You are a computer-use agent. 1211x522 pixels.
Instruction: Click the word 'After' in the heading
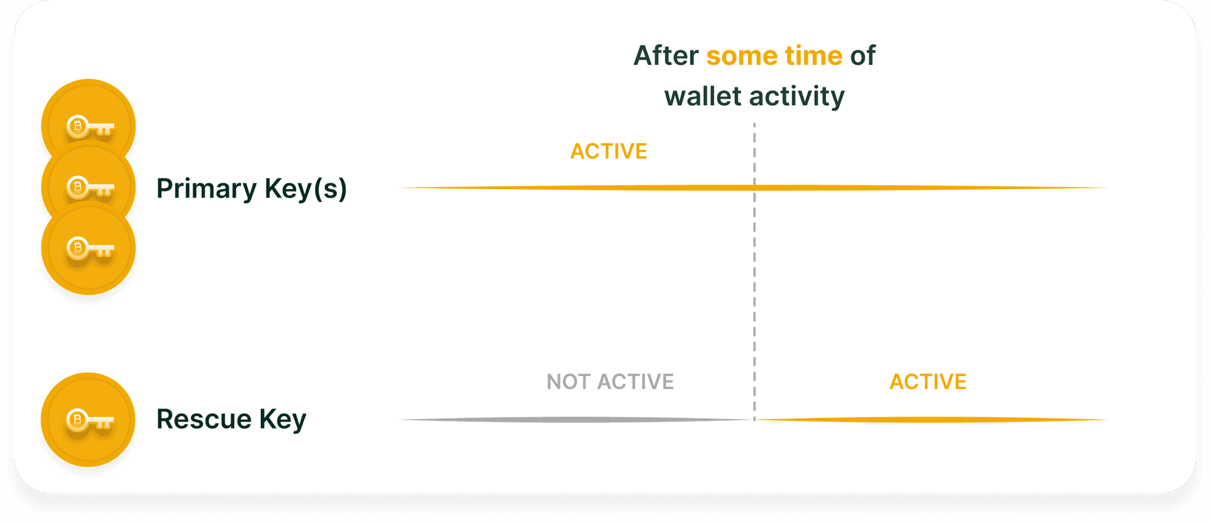(666, 56)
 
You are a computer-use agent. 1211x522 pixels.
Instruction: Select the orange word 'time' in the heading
(814, 56)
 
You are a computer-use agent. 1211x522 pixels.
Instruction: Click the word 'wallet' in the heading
(702, 96)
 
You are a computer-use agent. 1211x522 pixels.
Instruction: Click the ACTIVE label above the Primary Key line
(608, 151)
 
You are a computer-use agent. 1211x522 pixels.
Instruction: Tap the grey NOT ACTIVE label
(610, 382)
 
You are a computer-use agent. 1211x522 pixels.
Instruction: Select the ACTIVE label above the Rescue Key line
(928, 382)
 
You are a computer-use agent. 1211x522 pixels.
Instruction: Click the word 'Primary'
(206, 189)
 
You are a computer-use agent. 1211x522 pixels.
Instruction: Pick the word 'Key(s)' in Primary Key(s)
(306, 189)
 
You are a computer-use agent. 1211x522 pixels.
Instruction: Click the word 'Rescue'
(204, 419)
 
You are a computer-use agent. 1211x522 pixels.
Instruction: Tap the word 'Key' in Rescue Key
(283, 420)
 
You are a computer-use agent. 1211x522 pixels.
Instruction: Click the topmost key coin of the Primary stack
(89, 112)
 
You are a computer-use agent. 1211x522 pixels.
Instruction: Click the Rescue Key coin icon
(88, 420)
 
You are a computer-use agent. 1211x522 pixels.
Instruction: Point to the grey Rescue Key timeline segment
(576, 420)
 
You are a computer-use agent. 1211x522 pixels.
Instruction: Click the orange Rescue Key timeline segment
(931, 420)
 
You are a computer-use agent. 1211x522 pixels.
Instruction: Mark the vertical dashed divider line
(755, 271)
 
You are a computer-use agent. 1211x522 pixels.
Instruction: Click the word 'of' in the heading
(863, 56)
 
